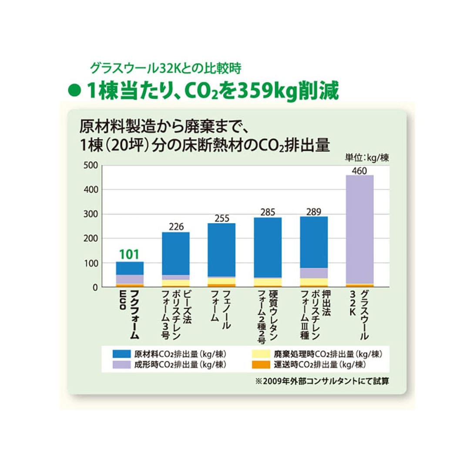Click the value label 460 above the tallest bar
(x=359, y=171)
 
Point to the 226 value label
(x=176, y=227)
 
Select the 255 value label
(x=222, y=218)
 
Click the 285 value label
(x=268, y=212)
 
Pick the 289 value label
(x=313, y=212)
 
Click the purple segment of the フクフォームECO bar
(x=129, y=279)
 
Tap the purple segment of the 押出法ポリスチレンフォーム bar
(x=313, y=273)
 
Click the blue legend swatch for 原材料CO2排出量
(x=123, y=353)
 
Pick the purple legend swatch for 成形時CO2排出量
(x=123, y=364)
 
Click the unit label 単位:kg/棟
(x=366, y=158)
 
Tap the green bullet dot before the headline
(x=75, y=91)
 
